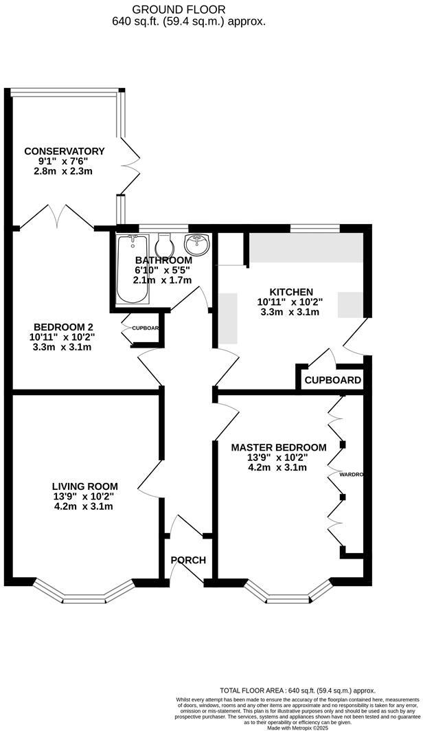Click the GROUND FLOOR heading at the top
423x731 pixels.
click(x=189, y=9)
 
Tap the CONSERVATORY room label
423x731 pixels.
click(x=64, y=151)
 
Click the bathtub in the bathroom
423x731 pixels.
click(x=133, y=269)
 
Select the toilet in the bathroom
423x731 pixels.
click(x=164, y=245)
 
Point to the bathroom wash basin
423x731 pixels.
click(x=197, y=244)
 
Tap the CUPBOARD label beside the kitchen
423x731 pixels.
click(x=333, y=380)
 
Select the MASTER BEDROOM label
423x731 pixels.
click(x=278, y=447)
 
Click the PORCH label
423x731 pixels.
click(x=188, y=560)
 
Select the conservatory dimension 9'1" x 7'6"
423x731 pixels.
click(x=64, y=161)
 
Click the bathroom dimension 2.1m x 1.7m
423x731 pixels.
click(x=163, y=280)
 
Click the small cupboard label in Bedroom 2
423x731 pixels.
click(x=146, y=328)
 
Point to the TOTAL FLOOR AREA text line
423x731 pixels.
click(x=297, y=690)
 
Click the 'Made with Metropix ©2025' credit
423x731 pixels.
click(x=297, y=728)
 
